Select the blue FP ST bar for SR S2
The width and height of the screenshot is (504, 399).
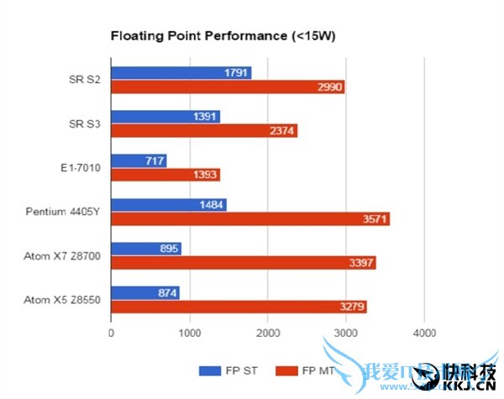click(x=181, y=73)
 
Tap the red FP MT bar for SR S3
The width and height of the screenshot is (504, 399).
click(x=204, y=131)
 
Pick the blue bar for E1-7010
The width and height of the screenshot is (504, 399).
click(x=139, y=160)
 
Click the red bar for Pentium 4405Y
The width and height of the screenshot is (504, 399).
click(x=250, y=219)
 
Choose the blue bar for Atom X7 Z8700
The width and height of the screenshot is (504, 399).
click(x=146, y=249)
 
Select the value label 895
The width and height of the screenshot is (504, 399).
click(x=168, y=249)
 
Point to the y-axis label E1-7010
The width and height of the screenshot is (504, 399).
click(x=80, y=168)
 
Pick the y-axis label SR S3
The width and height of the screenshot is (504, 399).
click(x=85, y=123)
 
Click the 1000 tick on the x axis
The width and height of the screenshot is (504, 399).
click(x=190, y=333)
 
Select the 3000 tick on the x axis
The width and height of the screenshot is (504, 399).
click(x=345, y=333)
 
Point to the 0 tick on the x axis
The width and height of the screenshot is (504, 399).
click(x=112, y=333)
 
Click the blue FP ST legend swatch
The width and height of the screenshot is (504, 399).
click(x=209, y=370)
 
